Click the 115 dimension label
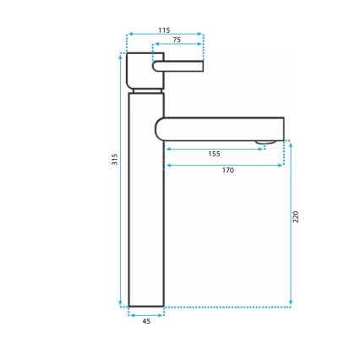164,30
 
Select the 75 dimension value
177,39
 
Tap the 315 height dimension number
115,158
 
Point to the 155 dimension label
214,154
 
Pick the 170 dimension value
226,170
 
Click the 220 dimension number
296,216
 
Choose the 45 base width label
145,321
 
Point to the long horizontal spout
220,128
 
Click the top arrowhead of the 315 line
120,57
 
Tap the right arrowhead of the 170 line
283,164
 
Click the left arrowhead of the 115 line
128,35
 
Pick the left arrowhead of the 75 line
155,44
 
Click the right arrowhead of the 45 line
162,314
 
